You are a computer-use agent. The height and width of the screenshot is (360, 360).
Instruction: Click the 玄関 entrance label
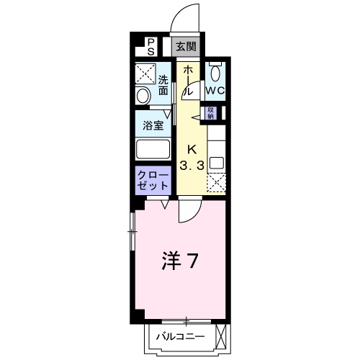tap(186, 47)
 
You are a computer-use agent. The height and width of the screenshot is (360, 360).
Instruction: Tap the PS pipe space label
tap(150, 47)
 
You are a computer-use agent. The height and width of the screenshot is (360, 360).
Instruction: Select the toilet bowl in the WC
tap(215, 73)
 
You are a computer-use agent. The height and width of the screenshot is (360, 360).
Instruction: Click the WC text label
tap(215, 91)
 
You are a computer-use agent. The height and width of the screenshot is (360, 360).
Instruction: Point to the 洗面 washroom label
tap(163, 85)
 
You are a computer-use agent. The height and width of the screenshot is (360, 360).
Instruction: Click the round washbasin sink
tap(143, 96)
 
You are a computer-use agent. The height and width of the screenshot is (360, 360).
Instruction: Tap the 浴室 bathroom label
tap(153, 125)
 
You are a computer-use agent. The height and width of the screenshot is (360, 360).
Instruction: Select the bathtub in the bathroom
tap(153, 149)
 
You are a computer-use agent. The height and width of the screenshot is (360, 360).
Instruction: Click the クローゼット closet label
tap(153, 181)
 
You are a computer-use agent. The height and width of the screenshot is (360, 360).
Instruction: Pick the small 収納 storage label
tap(211, 113)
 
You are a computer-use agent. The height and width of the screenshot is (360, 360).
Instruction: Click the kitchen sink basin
tap(217, 163)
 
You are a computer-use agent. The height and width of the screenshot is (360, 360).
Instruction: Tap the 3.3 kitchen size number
tap(192, 166)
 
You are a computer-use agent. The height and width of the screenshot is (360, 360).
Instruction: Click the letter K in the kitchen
tap(192, 150)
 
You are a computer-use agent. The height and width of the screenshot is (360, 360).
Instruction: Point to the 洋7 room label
tap(180, 261)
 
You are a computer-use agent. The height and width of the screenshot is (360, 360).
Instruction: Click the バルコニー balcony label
tap(181, 336)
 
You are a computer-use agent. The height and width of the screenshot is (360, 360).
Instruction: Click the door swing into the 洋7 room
tap(189, 211)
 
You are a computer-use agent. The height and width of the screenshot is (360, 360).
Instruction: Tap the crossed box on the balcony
tap(221, 335)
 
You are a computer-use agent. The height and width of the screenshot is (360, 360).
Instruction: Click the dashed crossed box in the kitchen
tap(217, 183)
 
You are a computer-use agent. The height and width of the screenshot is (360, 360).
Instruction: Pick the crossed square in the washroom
tap(145, 73)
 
